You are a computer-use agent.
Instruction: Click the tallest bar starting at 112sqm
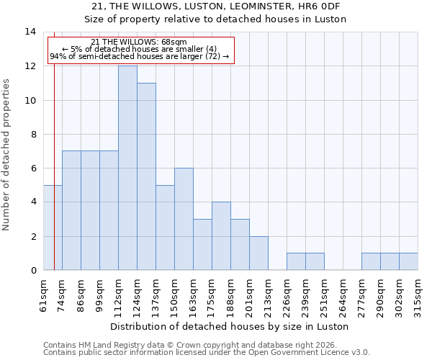[x=127, y=168]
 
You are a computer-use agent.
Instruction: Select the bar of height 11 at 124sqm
[x=146, y=176]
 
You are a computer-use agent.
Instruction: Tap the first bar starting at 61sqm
[x=53, y=228]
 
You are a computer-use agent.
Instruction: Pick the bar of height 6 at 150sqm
[x=184, y=219]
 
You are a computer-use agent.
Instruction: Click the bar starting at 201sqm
[x=258, y=253]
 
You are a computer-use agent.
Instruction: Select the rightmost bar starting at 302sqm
[x=408, y=261]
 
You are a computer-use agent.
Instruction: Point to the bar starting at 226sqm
[x=296, y=261]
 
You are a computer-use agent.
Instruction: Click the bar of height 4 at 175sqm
[x=221, y=236]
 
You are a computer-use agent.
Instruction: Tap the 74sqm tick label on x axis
[x=62, y=295]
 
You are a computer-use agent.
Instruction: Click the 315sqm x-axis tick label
[x=418, y=295]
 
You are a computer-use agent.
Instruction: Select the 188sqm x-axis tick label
[x=230, y=295]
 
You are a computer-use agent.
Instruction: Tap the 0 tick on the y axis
[x=33, y=270]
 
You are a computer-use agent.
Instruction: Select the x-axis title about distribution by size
[x=230, y=326]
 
